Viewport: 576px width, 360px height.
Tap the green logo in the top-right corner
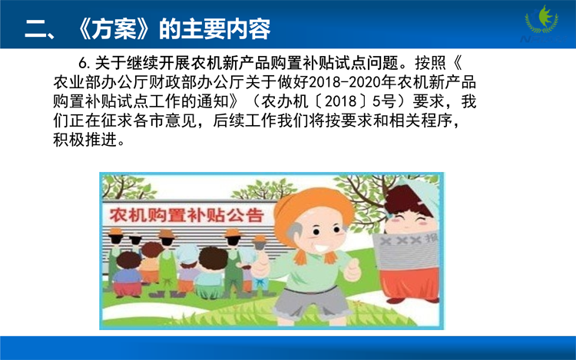[542, 20]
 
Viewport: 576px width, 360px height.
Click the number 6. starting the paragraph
[84, 63]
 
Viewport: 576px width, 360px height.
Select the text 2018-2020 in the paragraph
[345, 82]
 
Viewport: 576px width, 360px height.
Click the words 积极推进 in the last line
[85, 140]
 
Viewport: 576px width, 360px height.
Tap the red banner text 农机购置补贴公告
[187, 216]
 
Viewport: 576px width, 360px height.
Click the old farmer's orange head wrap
[313, 210]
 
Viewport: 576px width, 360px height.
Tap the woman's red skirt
[409, 285]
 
